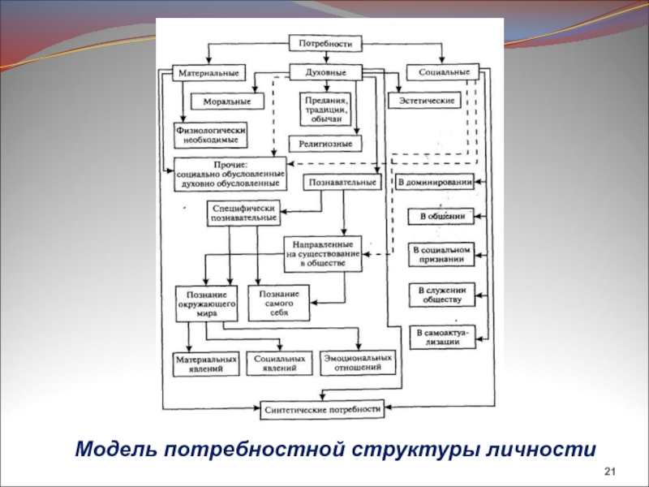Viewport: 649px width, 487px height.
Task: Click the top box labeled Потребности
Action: tap(324, 43)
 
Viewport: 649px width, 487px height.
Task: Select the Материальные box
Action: tap(208, 72)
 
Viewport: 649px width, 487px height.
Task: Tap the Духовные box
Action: tap(324, 72)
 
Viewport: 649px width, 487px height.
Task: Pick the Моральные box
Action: tap(221, 101)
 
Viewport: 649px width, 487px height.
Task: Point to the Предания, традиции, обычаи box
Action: tap(326, 109)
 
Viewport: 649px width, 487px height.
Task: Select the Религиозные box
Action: tap(325, 144)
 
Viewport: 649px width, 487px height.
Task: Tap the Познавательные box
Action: tap(343, 183)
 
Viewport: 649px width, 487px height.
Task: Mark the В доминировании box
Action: tap(435, 183)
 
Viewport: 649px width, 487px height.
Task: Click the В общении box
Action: tap(441, 217)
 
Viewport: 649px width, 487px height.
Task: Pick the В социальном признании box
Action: tap(441, 254)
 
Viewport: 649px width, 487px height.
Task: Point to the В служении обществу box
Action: tap(441, 294)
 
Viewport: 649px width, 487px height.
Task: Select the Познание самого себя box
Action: tap(280, 303)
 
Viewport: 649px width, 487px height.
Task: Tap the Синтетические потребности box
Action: tap(322, 409)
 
